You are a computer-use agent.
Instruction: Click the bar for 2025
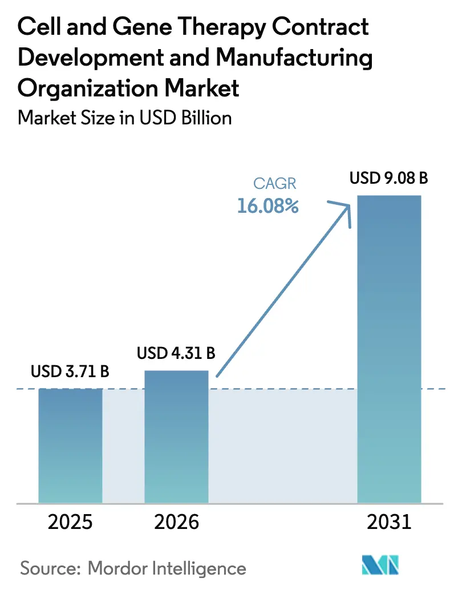point(71,445)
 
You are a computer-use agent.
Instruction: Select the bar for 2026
point(176,437)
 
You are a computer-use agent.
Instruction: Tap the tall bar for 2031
point(389,348)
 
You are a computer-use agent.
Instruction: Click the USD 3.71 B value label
point(70,372)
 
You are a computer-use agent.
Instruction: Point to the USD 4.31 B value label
point(176,354)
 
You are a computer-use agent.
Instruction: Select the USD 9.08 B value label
point(389,179)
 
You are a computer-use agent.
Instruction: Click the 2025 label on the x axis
point(71,522)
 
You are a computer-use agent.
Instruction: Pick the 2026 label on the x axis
point(176,522)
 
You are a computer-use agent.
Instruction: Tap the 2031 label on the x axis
point(389,522)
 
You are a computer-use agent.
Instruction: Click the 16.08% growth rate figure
point(268,206)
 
